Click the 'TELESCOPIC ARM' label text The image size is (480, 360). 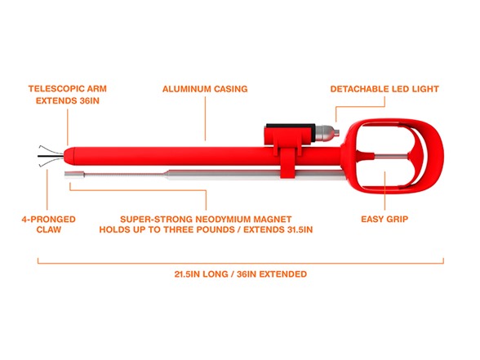(x=68, y=89)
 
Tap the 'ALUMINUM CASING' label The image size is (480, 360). (x=205, y=89)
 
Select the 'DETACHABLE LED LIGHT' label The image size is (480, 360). (x=384, y=89)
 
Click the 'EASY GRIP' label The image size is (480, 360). (x=384, y=219)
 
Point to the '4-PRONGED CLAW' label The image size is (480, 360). (x=49, y=224)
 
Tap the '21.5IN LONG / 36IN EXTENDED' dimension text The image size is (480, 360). (x=240, y=274)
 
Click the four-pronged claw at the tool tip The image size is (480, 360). (x=51, y=156)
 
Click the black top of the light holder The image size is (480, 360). (x=291, y=126)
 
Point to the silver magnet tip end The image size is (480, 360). (x=74, y=175)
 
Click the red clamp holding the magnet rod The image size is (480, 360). (x=287, y=163)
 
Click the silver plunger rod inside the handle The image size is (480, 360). (x=391, y=156)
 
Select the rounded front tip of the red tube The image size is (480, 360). (x=69, y=156)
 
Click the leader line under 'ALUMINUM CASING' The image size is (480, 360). (x=205, y=119)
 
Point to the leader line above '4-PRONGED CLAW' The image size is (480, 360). (x=47, y=189)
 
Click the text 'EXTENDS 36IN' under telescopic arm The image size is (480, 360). (x=68, y=100)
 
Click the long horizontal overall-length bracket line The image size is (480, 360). (x=240, y=263)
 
